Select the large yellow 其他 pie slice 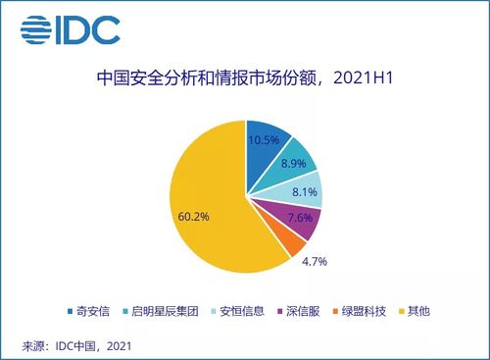(x=211, y=206)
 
